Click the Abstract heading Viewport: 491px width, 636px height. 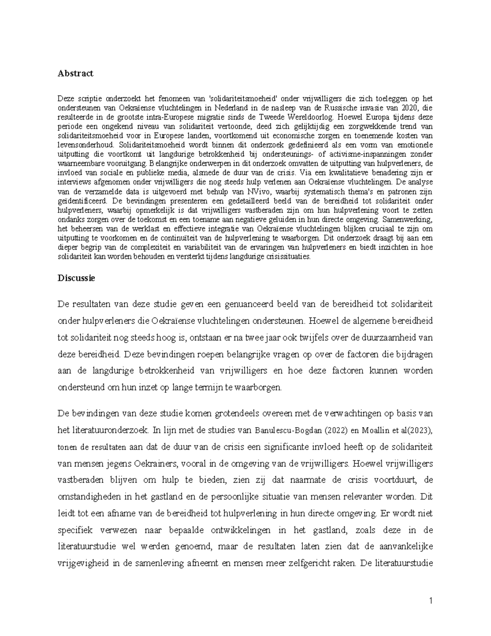(x=76, y=73)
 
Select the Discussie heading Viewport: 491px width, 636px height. (x=76, y=278)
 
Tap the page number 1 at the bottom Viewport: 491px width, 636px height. (x=431, y=601)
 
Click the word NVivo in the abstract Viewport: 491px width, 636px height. (x=259, y=192)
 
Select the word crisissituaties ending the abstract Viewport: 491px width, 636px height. (x=286, y=257)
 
